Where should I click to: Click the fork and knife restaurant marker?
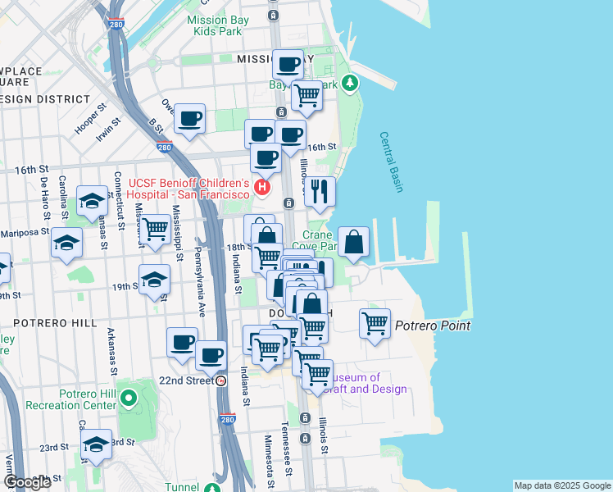click(320, 192)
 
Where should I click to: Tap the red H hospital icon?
click(262, 188)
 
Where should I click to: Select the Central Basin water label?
click(392, 162)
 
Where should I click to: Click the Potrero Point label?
click(433, 326)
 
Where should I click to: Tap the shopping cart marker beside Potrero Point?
click(375, 323)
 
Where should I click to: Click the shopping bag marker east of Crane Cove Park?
click(353, 242)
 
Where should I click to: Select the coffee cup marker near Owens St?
click(190, 119)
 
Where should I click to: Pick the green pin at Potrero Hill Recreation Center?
click(128, 399)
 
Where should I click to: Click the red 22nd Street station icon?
click(221, 380)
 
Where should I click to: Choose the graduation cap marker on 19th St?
click(154, 280)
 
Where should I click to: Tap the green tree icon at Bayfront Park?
click(351, 83)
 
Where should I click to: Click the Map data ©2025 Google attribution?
click(561, 485)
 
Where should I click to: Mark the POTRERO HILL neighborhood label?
click(49, 323)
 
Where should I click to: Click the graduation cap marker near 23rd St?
click(97, 445)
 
